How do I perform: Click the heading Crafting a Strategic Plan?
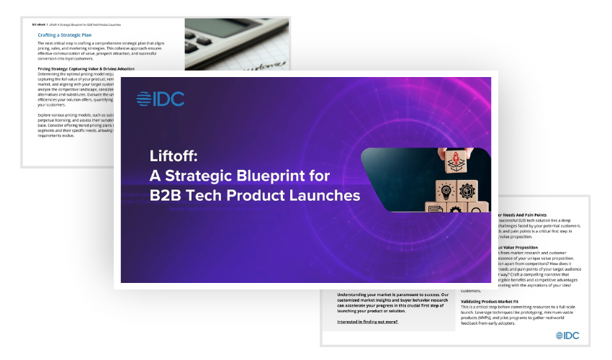[x=71, y=34]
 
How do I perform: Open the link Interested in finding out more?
[x=367, y=320]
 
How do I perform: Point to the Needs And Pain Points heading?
[x=521, y=214]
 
